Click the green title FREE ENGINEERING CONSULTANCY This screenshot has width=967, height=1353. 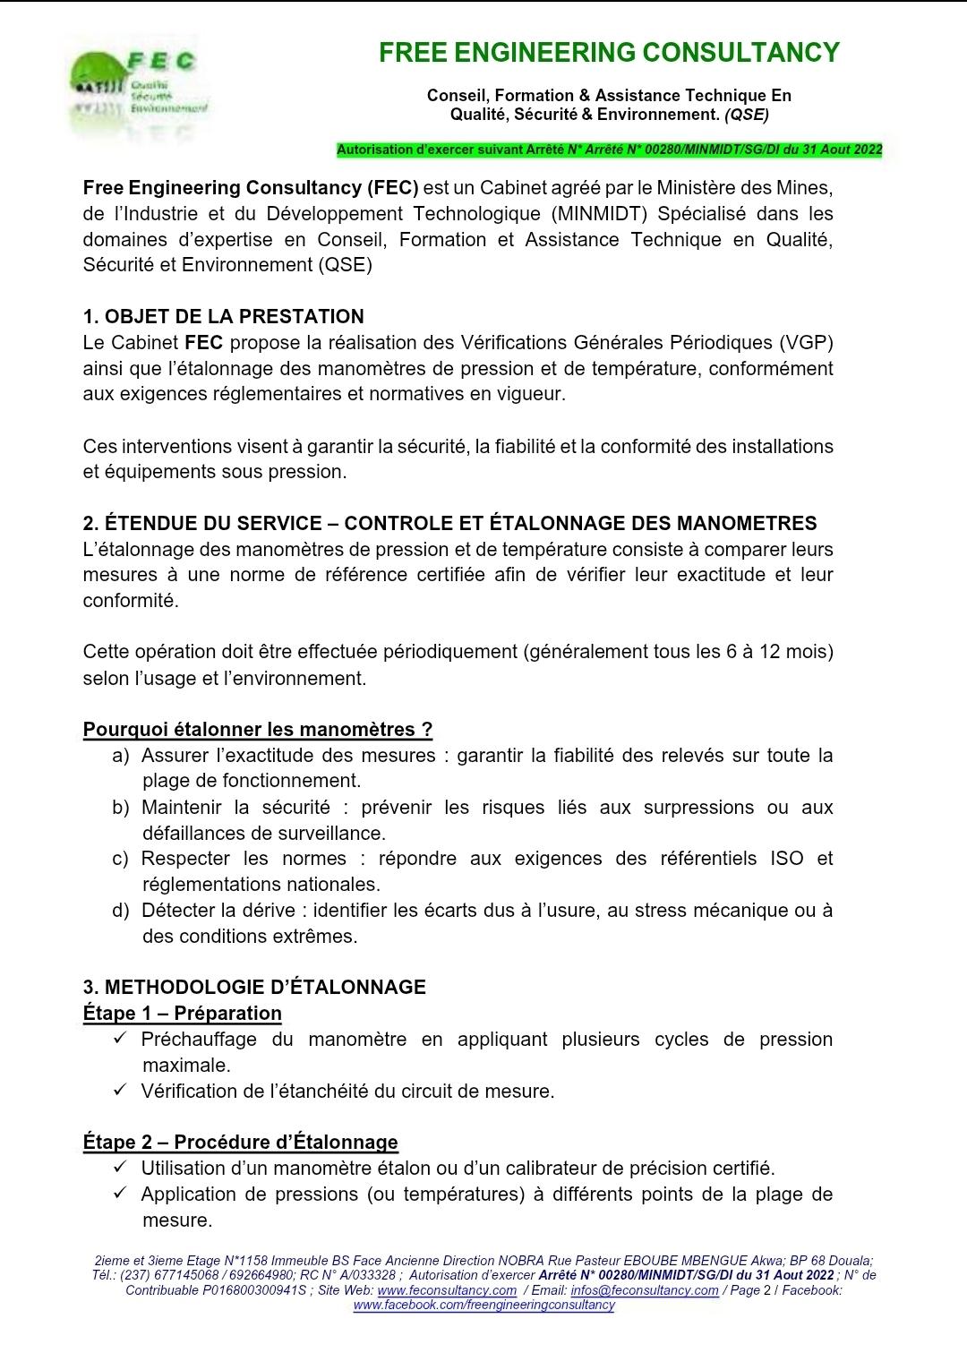click(x=609, y=53)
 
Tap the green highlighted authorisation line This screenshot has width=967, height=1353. click(x=609, y=150)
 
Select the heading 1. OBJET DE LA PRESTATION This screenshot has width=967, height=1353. click(x=223, y=316)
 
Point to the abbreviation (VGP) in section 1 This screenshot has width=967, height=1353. click(x=806, y=342)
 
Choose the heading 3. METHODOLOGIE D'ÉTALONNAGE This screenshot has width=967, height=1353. click(x=254, y=987)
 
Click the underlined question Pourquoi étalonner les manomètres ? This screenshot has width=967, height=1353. click(x=258, y=729)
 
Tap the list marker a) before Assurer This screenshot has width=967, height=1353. click(x=121, y=756)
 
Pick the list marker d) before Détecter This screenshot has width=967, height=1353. click(x=121, y=911)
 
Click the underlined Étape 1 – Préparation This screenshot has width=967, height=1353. click(x=182, y=1013)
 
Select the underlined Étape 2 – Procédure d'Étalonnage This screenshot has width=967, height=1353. click(x=240, y=1142)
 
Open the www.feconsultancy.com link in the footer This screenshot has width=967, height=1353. click(x=447, y=1290)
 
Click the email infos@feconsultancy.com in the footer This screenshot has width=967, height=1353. click(x=645, y=1290)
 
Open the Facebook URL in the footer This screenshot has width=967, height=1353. click(x=483, y=1305)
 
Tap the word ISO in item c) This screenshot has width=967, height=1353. click(x=786, y=859)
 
